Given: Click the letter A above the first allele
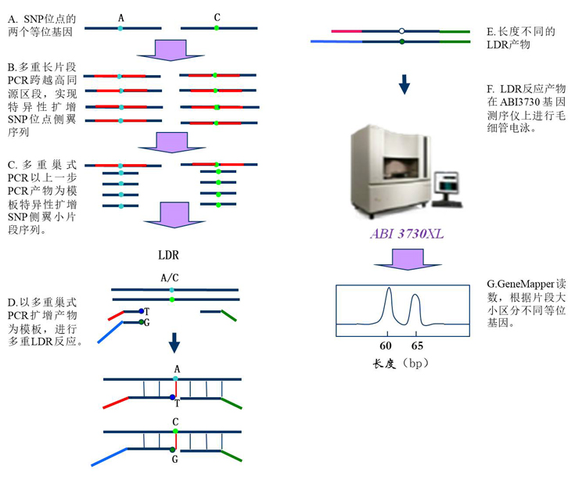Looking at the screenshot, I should [120, 16].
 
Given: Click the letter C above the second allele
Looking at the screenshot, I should [217, 16].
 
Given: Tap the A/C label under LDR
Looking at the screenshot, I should [169, 278].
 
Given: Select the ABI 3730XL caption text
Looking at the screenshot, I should [405, 233].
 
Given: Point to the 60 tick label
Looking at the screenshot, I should [386, 345].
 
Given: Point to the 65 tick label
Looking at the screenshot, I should [417, 345].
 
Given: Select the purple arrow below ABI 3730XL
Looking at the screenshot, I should [404, 259].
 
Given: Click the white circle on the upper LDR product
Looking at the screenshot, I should [401, 31].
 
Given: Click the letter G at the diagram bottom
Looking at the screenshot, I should [174, 460].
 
